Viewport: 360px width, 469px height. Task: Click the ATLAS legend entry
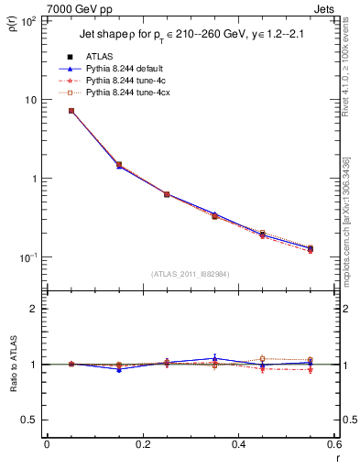100,57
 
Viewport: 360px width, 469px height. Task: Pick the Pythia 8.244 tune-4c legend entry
125,81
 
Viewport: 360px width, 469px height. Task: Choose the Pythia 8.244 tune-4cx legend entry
127,93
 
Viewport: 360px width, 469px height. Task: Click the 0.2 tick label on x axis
142,446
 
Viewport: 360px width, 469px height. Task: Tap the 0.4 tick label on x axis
238,446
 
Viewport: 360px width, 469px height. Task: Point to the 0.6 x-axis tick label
333,446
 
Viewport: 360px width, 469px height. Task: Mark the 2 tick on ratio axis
35,309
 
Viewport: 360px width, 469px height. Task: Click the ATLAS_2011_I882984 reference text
190,273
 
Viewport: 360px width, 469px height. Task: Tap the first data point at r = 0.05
71,111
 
